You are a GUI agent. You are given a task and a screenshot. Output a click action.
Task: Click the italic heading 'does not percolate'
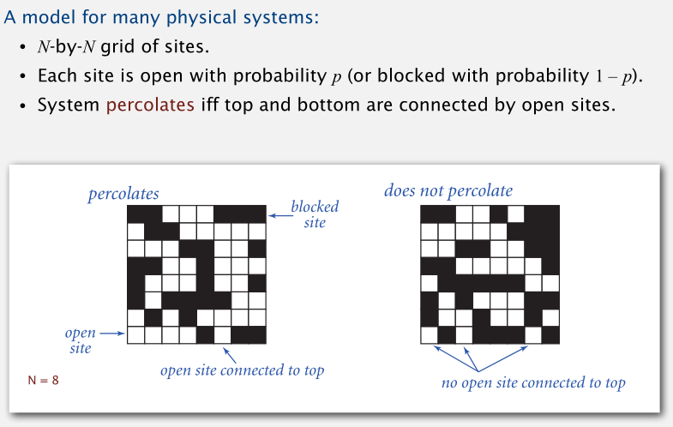tap(448, 190)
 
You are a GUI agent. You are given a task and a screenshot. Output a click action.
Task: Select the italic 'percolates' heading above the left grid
tap(123, 195)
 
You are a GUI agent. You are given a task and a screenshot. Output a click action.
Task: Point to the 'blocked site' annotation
tap(315, 214)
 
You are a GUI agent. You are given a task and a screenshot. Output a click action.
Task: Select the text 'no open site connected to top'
tap(533, 382)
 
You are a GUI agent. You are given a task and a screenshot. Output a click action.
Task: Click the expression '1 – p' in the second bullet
tap(616, 75)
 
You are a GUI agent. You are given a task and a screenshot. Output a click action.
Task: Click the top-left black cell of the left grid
tap(135, 213)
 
